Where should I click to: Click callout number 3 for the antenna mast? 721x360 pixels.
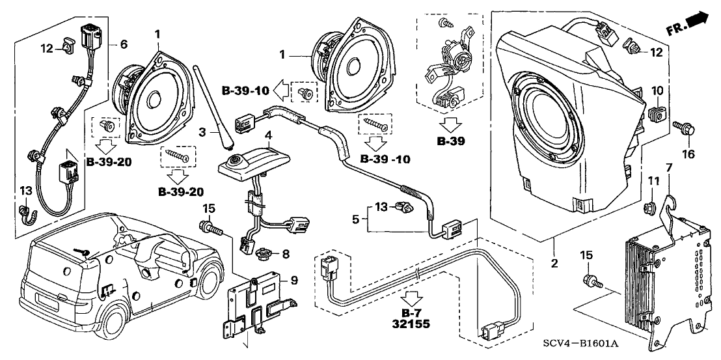coord(202,132)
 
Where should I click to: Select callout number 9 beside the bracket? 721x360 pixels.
coord(293,281)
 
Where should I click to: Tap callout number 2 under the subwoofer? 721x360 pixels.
coord(554,264)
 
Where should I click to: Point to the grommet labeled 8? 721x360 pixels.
coord(266,253)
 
